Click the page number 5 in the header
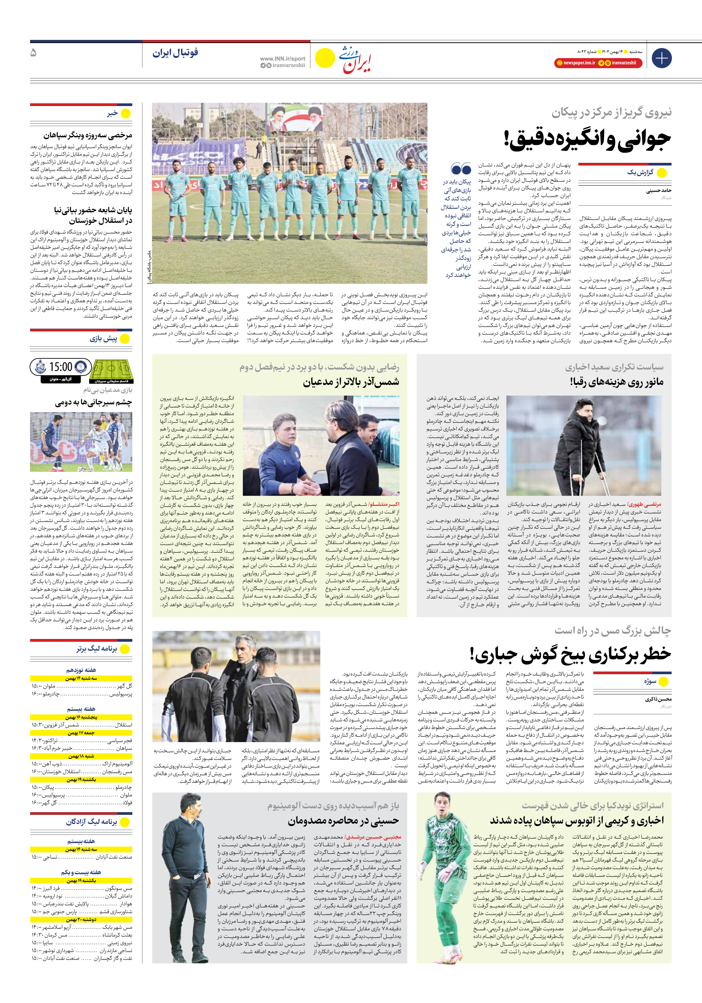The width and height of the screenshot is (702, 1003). tap(33, 53)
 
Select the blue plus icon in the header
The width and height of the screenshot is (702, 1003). tap(661, 58)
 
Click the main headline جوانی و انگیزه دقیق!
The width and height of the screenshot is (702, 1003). tap(587, 139)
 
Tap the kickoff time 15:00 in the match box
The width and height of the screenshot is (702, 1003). tap(61, 367)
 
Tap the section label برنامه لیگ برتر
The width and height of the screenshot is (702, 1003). tap(97, 649)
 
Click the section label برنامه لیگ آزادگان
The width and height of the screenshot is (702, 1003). tap(91, 822)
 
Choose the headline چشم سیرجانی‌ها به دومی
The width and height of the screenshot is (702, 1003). tap(94, 402)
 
